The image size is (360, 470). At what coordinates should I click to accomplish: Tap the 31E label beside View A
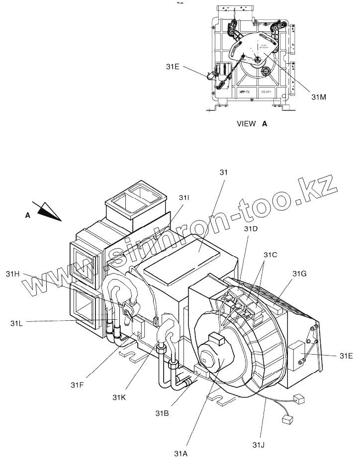(x=173, y=67)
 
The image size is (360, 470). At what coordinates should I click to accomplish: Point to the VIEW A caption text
(x=252, y=124)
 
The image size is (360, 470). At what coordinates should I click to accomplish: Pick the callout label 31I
(x=184, y=197)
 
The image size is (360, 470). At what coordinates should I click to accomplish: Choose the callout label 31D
(x=251, y=228)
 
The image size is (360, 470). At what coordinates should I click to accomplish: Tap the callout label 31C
(x=270, y=255)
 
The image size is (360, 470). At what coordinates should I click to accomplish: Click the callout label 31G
(x=300, y=274)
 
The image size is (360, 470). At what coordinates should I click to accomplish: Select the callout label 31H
(x=13, y=273)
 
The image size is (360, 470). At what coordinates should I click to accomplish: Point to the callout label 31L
(x=16, y=323)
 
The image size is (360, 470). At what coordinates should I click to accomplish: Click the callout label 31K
(x=120, y=397)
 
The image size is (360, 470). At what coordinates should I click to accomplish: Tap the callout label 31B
(x=162, y=413)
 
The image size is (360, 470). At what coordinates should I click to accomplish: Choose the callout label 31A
(x=181, y=453)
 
